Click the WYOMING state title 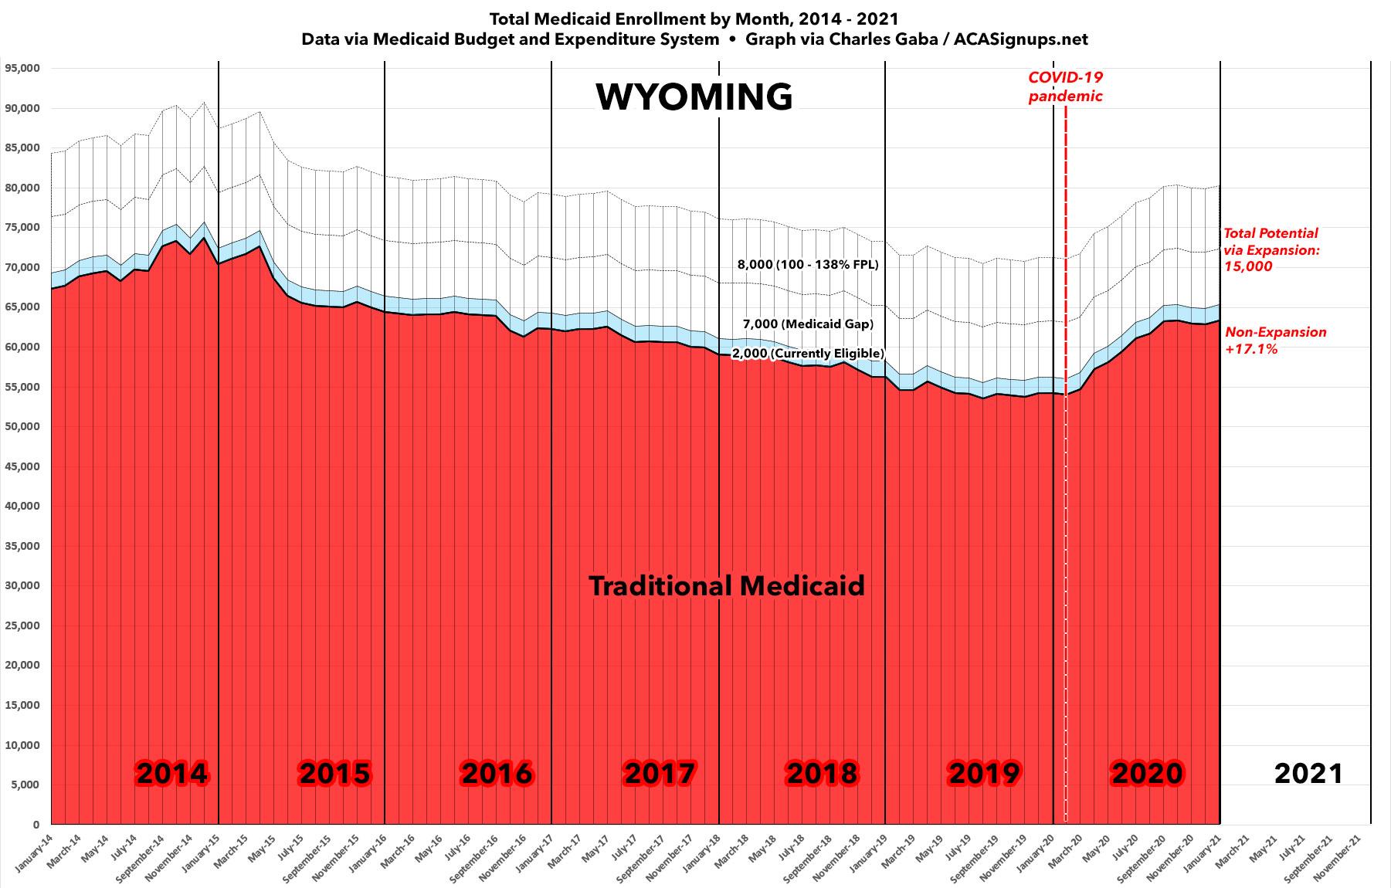(x=694, y=97)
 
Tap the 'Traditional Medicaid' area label (x=727, y=586)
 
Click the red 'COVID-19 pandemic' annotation (x=1065, y=86)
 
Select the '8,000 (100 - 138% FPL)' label (x=808, y=264)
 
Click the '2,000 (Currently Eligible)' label (x=808, y=354)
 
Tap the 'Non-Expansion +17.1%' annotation (x=1276, y=341)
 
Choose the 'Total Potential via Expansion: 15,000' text (x=1271, y=249)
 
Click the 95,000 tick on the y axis (x=22, y=68)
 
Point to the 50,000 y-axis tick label (x=22, y=426)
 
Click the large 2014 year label (x=171, y=773)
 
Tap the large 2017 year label (x=660, y=773)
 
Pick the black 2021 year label (x=1308, y=773)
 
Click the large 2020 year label (x=1147, y=773)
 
